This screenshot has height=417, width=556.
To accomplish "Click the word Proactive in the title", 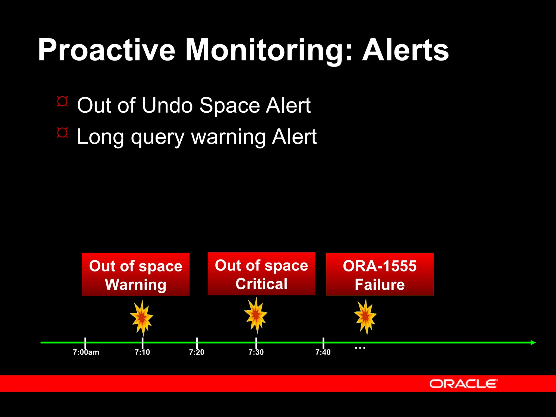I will (x=106, y=50).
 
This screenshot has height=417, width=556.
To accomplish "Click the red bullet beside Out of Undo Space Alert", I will (x=62, y=102).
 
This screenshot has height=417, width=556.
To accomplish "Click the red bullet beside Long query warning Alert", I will (x=62, y=133).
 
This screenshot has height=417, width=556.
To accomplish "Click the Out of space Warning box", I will (x=135, y=274).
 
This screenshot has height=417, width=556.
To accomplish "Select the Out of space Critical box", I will (x=261, y=274).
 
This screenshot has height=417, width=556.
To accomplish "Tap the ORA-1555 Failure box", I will (x=380, y=274).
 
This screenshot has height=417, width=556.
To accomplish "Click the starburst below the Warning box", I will (x=142, y=318).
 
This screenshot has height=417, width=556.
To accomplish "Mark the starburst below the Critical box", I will (x=256, y=315).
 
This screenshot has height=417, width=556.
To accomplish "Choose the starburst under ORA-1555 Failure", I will (x=365, y=317).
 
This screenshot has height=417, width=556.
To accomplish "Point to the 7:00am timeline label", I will (x=86, y=352).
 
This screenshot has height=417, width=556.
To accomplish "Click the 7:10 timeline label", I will (x=142, y=352).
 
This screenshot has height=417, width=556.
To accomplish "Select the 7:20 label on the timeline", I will (x=197, y=352).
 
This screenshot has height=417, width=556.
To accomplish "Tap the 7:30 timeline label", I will (x=256, y=352).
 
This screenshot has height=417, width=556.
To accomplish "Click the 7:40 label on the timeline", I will (x=323, y=352).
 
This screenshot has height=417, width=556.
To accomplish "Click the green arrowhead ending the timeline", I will (x=533, y=343).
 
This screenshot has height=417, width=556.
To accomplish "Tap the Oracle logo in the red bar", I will (x=463, y=384).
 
